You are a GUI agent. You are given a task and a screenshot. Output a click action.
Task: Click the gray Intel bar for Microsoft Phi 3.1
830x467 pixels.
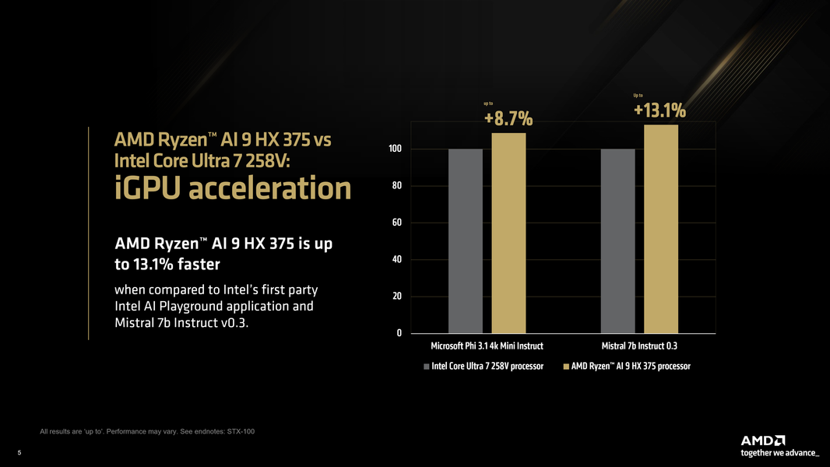[465, 241]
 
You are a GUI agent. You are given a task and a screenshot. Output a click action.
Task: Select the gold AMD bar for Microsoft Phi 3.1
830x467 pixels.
[508, 233]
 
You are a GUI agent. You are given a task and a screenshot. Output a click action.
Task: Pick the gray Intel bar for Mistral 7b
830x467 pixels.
[617, 241]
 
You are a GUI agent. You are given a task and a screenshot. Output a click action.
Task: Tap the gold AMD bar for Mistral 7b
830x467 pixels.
[661, 229]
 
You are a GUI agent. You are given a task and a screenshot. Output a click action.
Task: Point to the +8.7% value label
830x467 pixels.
[508, 118]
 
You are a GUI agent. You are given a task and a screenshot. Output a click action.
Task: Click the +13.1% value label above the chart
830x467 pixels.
[659, 111]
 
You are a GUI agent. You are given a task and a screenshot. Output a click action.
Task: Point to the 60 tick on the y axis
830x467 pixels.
[396, 223]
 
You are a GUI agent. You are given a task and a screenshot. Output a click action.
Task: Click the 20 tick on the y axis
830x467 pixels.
[396, 297]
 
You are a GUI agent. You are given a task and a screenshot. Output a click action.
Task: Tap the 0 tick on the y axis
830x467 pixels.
[399, 333]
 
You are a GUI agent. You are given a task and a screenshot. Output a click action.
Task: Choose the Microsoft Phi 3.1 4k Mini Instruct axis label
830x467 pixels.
[487, 346]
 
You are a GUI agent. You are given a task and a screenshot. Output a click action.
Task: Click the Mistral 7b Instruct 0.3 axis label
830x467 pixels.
[645, 346]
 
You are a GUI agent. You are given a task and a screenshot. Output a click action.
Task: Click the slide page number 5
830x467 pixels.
[19, 452]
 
